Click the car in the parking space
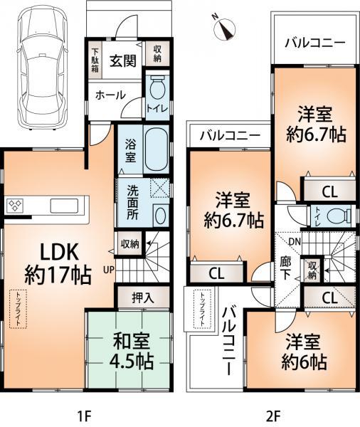point(39,68)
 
